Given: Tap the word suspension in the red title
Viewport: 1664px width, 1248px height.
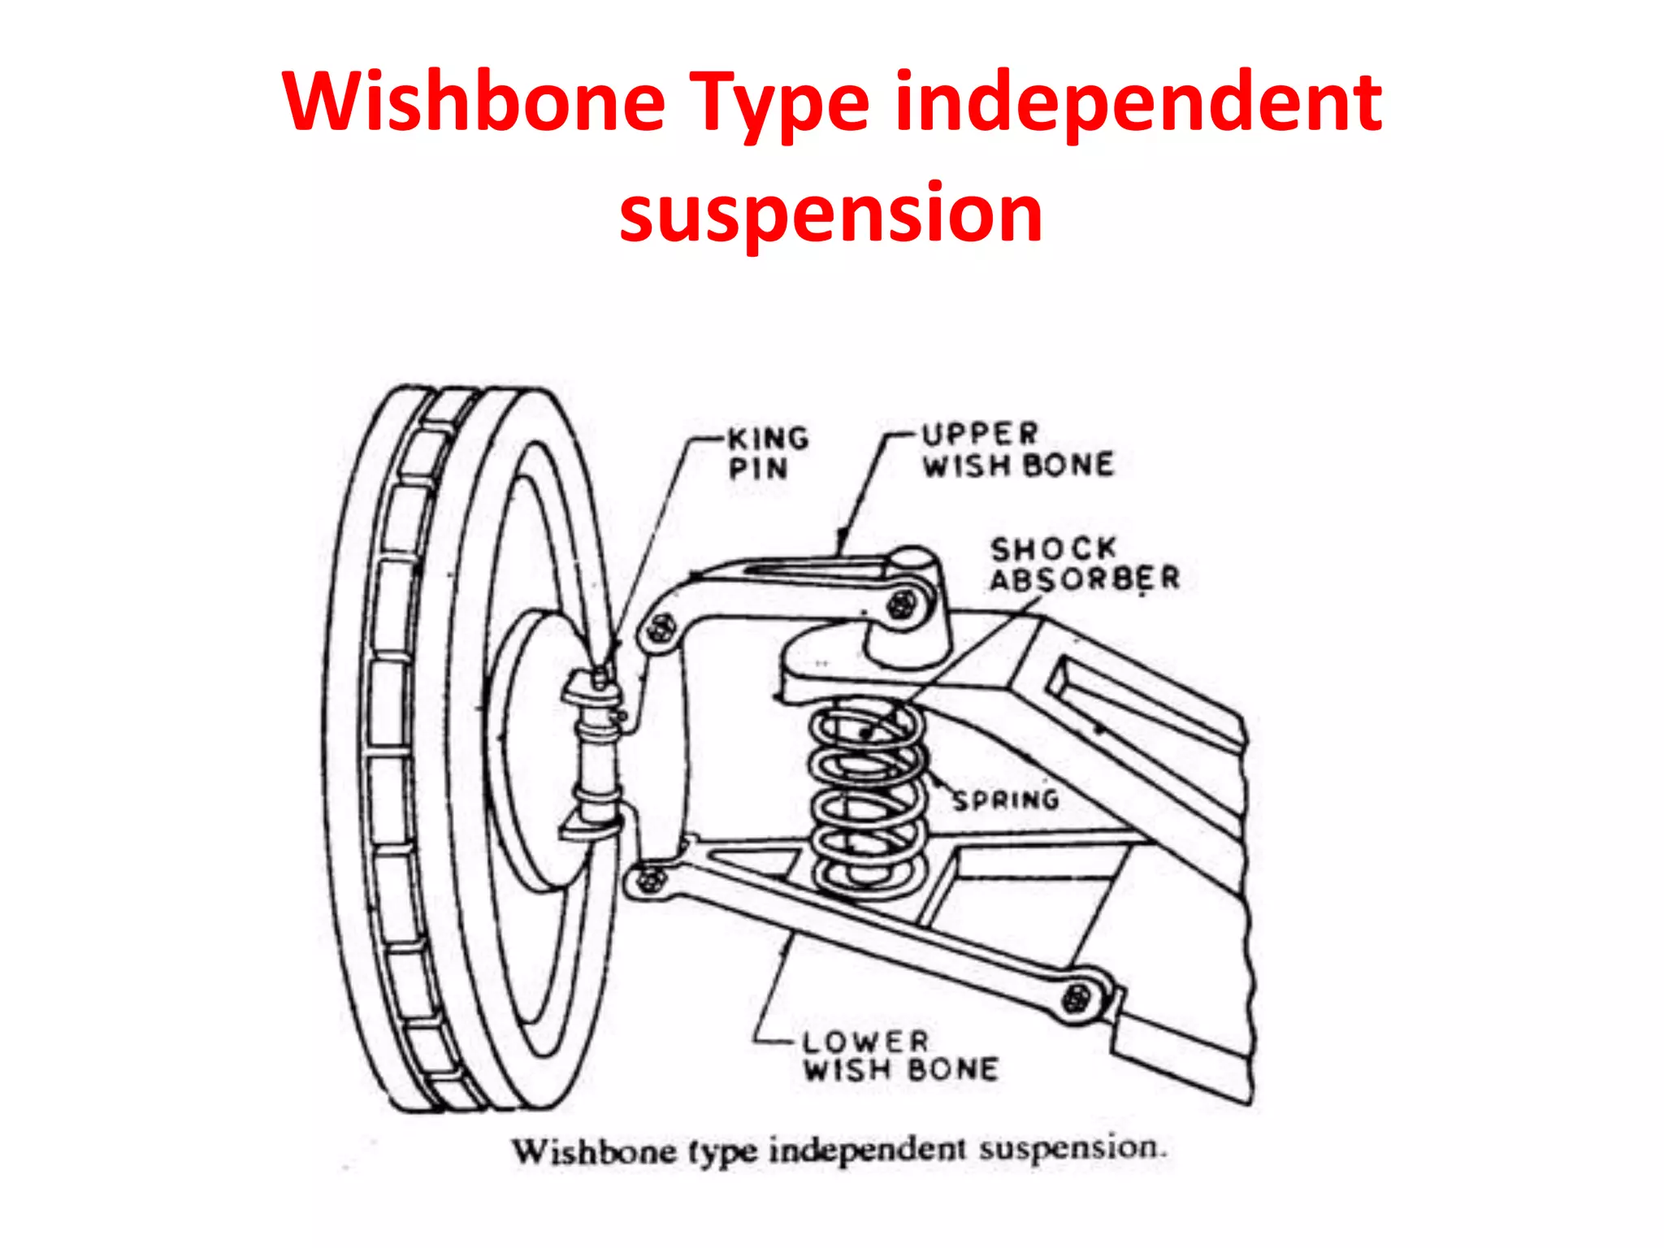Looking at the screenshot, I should pyautogui.click(x=830, y=213).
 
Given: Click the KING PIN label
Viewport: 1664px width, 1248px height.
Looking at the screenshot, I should pyautogui.click(x=767, y=453).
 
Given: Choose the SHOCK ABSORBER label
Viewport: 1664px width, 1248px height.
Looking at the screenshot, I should pyautogui.click(x=1083, y=564).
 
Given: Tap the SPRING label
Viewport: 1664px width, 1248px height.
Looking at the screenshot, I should pyautogui.click(x=1006, y=800).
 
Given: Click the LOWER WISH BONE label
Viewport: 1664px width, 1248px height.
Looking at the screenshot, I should pyautogui.click(x=899, y=1055).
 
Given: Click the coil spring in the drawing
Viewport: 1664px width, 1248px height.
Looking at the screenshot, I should pyautogui.click(x=867, y=800).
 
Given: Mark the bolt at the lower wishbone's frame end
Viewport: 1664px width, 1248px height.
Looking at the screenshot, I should pyautogui.click(x=1077, y=997).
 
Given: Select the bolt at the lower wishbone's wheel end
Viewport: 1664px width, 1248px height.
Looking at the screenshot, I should pyautogui.click(x=648, y=880).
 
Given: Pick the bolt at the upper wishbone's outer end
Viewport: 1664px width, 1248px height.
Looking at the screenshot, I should pyautogui.click(x=661, y=628).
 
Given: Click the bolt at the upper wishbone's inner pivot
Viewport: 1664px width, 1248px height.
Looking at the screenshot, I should pyautogui.click(x=900, y=605).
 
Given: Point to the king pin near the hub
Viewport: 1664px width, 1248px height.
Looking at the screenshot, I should pyautogui.click(x=597, y=747).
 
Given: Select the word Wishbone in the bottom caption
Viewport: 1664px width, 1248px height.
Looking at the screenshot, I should pyautogui.click(x=593, y=1151).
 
